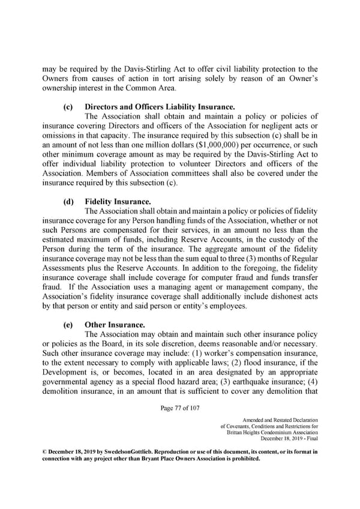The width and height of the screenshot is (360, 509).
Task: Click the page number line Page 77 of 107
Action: [x=180, y=409]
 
